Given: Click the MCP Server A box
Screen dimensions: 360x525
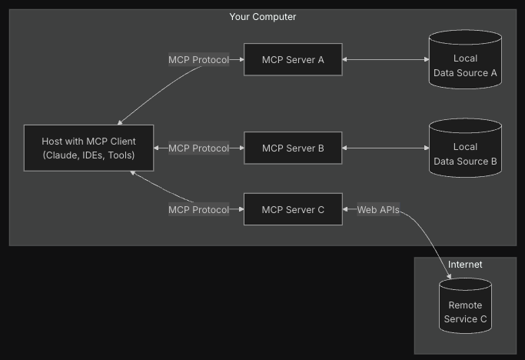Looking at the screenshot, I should (293, 59).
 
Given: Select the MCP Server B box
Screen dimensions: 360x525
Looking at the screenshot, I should (293, 148).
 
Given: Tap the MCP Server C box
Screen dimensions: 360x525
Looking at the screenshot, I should (293, 209).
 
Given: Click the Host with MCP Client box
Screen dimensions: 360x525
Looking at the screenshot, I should (88, 148).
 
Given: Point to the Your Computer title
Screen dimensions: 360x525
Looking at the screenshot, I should (262, 16).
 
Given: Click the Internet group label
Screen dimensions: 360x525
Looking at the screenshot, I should (465, 264).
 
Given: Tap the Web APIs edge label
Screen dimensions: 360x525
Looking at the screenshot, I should (378, 209).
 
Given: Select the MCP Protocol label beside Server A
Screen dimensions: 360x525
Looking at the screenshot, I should (198, 59).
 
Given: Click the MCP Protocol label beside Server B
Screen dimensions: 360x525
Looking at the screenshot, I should (198, 148).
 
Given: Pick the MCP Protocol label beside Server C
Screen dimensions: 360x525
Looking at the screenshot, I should (198, 209).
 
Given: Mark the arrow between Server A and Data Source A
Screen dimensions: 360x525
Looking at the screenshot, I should (385, 59).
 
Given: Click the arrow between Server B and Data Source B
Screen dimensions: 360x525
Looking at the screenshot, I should (385, 148).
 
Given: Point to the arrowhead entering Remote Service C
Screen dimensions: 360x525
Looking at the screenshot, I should (449, 275).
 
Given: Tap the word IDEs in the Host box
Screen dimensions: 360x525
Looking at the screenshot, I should (95, 156).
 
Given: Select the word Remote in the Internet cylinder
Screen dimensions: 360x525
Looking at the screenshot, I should (465, 305).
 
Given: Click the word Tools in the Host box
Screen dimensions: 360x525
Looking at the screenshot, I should (121, 156).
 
